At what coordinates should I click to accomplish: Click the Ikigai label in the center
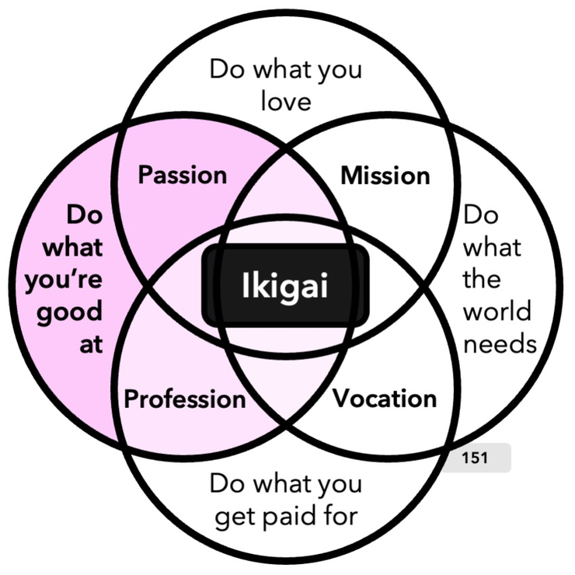(x=285, y=287)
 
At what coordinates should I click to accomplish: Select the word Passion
(x=183, y=175)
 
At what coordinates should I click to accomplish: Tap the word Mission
(x=385, y=176)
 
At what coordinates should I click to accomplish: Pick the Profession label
(x=185, y=399)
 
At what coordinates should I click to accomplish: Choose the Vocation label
(x=385, y=399)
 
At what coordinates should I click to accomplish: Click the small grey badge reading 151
(x=475, y=458)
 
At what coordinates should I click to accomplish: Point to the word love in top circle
(x=285, y=102)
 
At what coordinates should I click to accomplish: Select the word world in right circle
(x=497, y=311)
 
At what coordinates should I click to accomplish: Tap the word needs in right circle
(x=500, y=343)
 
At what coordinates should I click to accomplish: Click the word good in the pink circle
(x=70, y=312)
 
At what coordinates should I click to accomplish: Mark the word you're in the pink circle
(x=64, y=280)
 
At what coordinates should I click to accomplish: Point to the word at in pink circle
(x=90, y=343)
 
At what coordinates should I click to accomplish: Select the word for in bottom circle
(x=339, y=516)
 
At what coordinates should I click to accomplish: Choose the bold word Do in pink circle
(x=85, y=214)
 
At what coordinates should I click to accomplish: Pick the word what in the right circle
(x=493, y=247)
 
